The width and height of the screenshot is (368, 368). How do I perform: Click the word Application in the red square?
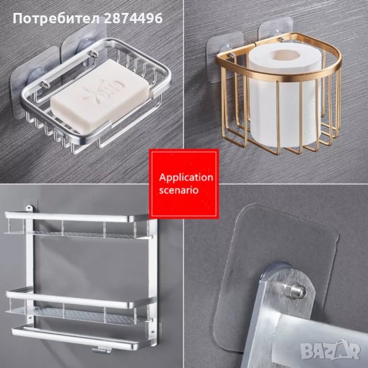tap(186, 177)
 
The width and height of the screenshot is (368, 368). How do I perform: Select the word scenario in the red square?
tap(179, 190)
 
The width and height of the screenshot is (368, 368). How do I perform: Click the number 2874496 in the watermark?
tap(133, 18)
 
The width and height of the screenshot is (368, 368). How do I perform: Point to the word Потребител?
tap(56, 18)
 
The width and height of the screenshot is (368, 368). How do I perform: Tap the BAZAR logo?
tap(330, 351)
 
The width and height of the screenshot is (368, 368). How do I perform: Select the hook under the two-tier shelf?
tap(101, 350)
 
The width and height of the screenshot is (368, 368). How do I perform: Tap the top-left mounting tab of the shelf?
tap(29, 207)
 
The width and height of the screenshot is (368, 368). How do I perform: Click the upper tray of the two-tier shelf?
tap(77, 226)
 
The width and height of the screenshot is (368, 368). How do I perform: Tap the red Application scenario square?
tap(184, 184)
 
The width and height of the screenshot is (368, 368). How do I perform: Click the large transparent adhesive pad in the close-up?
tap(277, 277)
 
